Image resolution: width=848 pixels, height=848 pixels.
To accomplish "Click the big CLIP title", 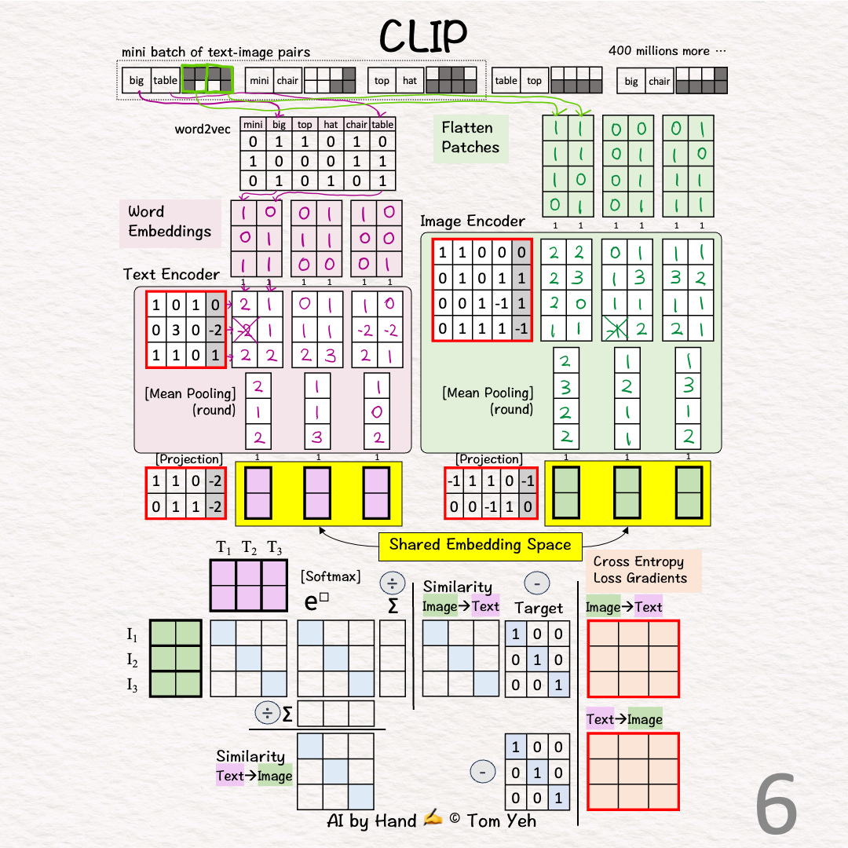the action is coord(423,35).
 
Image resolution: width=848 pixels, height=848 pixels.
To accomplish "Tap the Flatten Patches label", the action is coord(470,137).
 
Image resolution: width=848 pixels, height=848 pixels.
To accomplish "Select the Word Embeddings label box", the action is coord(170,221).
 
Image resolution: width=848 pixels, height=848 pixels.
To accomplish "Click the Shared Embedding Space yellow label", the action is coord(480,545).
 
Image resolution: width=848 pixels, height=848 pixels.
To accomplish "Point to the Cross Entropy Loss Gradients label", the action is coord(640,570).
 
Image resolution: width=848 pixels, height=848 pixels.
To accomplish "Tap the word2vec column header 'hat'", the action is coord(331,125).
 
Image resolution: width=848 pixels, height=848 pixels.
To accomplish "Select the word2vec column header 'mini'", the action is coord(253,125).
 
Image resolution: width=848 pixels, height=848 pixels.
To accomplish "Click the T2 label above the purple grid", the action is coord(249,547).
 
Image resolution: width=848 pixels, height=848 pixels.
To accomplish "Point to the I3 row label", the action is coord(132,685).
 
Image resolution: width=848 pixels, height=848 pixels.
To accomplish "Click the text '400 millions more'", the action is coord(667,51).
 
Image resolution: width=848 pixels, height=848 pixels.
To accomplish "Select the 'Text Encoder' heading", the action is coord(171,274).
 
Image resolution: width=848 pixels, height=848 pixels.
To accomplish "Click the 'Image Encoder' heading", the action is coord(472,221).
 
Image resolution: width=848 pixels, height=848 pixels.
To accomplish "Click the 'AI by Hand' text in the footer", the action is coord(372,821).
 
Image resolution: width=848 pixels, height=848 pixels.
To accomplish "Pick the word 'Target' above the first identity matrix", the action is coord(539,608).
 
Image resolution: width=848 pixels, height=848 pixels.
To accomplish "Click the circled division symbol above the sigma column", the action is coord(392,583).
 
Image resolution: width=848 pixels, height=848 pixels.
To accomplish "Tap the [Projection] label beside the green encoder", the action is coord(488,459).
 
